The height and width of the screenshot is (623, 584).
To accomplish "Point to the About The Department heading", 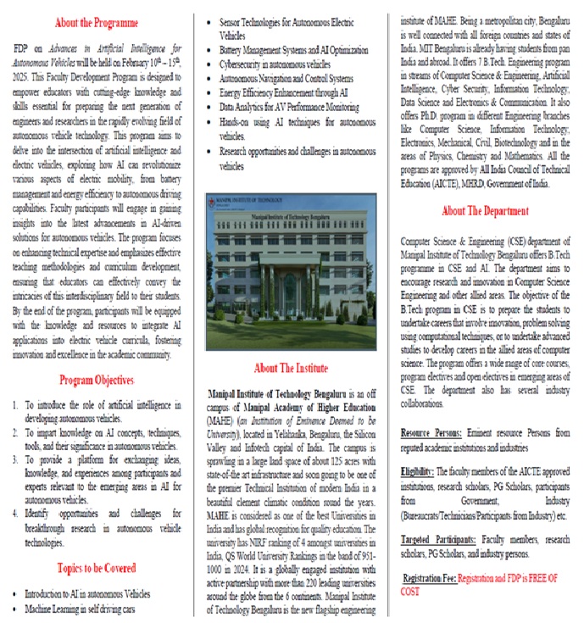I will [486, 210].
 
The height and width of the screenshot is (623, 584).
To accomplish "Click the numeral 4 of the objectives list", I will [17, 513].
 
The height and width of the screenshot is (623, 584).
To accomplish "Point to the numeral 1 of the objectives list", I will [17, 406].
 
